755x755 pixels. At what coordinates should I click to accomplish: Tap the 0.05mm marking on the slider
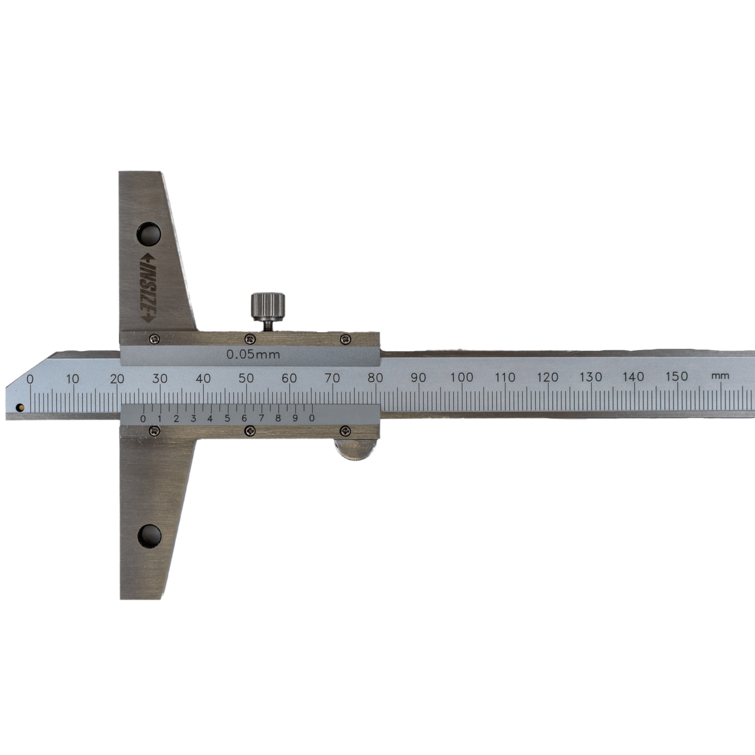pyautogui.click(x=253, y=354)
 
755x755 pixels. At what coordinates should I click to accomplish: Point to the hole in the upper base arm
pyautogui.click(x=149, y=234)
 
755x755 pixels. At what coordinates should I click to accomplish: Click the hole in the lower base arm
pyautogui.click(x=150, y=536)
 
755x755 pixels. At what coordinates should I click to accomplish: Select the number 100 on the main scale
pyautogui.click(x=462, y=377)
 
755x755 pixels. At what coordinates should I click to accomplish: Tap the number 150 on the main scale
pyautogui.click(x=676, y=376)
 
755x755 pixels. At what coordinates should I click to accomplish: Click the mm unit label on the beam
pyautogui.click(x=720, y=376)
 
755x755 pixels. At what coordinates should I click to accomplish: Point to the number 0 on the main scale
pyautogui.click(x=30, y=379)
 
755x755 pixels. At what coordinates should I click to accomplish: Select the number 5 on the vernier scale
pyautogui.click(x=227, y=419)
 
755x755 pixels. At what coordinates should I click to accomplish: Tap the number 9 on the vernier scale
pyautogui.click(x=295, y=418)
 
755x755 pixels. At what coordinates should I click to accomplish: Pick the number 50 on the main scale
pyautogui.click(x=246, y=378)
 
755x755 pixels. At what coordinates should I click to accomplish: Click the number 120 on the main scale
pyautogui.click(x=548, y=377)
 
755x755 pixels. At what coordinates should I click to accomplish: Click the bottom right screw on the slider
pyautogui.click(x=346, y=431)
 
